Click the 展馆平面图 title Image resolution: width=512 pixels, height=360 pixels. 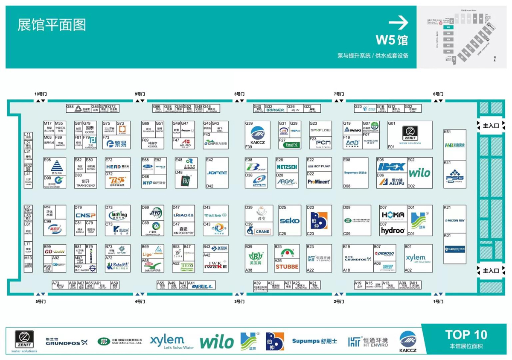tap(52, 25)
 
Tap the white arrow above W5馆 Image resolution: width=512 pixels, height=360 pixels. tap(399, 23)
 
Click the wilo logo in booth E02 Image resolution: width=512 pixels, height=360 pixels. tap(419, 173)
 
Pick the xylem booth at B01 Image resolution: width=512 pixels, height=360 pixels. tap(415, 258)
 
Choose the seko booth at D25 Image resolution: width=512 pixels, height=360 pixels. tap(289, 221)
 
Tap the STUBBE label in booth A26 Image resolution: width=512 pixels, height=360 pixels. tap(287, 267)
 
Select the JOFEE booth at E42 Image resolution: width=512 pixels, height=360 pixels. tap(217, 173)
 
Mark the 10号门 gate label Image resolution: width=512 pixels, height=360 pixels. tap(41, 94)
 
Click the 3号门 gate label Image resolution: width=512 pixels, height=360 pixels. tap(239, 301)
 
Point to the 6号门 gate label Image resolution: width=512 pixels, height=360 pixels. tap(438, 94)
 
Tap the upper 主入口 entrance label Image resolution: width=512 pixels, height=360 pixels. tap(490, 126)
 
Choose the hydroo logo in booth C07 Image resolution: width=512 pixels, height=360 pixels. tap(393, 231)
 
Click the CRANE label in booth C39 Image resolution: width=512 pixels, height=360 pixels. tap(262, 231)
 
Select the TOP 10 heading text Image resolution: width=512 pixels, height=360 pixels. tap(465, 334)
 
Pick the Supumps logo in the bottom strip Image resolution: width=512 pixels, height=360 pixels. tap(314, 341)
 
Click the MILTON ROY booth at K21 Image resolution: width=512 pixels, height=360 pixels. tap(454, 220)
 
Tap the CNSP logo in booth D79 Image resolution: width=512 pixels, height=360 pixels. tap(85, 215)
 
